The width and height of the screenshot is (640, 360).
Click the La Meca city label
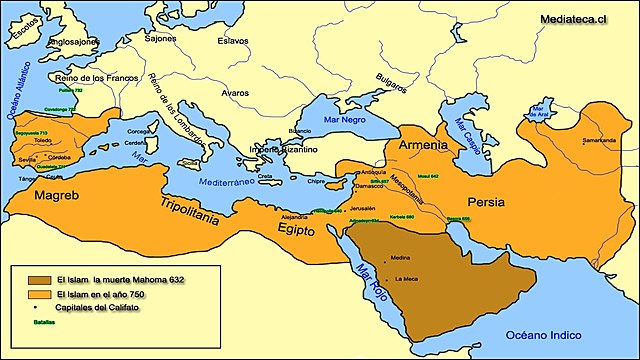[406, 278]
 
